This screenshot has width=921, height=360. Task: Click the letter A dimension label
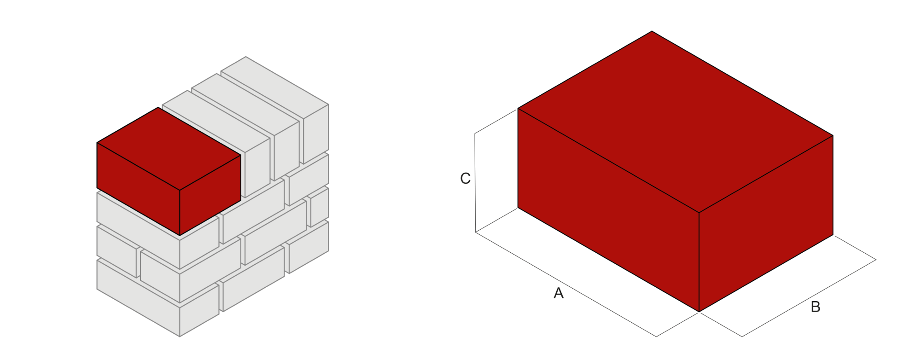[558, 293]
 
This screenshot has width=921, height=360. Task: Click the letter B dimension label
[815, 307]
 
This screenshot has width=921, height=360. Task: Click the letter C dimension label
[465, 179]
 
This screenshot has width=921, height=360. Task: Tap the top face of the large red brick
[676, 122]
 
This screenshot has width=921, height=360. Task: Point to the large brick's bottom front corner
[699, 312]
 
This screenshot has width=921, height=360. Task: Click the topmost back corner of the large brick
[652, 31]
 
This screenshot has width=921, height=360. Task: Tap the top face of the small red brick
[169, 148]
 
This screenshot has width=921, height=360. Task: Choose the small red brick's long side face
[138, 189]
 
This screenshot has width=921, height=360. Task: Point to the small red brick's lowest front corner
[180, 235]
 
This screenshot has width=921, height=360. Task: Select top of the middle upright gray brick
[245, 105]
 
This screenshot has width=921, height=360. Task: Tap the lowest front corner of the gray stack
[180, 337]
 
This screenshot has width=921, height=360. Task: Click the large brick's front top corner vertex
[699, 212]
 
